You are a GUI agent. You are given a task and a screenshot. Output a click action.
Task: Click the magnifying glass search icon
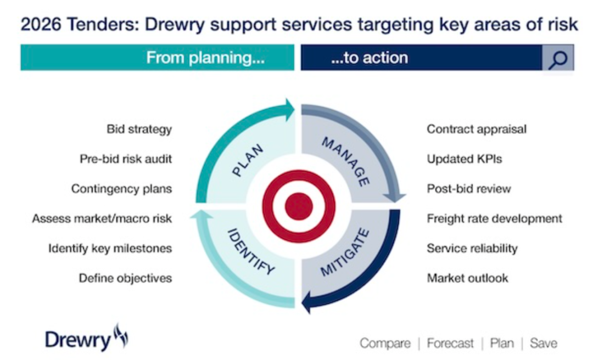click(x=558, y=58)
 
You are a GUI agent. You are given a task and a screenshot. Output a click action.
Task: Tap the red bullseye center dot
click(x=299, y=207)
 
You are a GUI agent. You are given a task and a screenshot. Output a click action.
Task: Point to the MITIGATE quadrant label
click(x=345, y=253)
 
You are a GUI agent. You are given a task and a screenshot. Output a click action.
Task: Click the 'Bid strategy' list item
click(x=139, y=130)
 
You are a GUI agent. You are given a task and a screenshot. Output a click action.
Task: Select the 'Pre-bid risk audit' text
click(x=126, y=159)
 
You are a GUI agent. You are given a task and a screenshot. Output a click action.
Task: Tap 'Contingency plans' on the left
click(x=121, y=189)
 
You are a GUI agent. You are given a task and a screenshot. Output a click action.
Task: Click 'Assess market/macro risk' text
click(x=102, y=218)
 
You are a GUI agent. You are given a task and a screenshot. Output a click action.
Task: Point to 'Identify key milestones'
click(x=110, y=248)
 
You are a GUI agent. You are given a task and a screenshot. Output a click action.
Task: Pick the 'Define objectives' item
click(x=125, y=278)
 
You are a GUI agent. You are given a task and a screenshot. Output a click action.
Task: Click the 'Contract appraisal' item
click(x=477, y=130)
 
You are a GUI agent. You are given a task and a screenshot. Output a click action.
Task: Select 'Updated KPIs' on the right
click(x=465, y=159)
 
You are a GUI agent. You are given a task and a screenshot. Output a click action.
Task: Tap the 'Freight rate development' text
click(x=495, y=218)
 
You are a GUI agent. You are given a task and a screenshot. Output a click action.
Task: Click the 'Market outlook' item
click(x=468, y=278)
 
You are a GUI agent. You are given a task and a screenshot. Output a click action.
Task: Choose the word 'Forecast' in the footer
click(x=450, y=344)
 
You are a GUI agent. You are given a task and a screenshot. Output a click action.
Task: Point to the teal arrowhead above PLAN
click(x=289, y=106)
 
